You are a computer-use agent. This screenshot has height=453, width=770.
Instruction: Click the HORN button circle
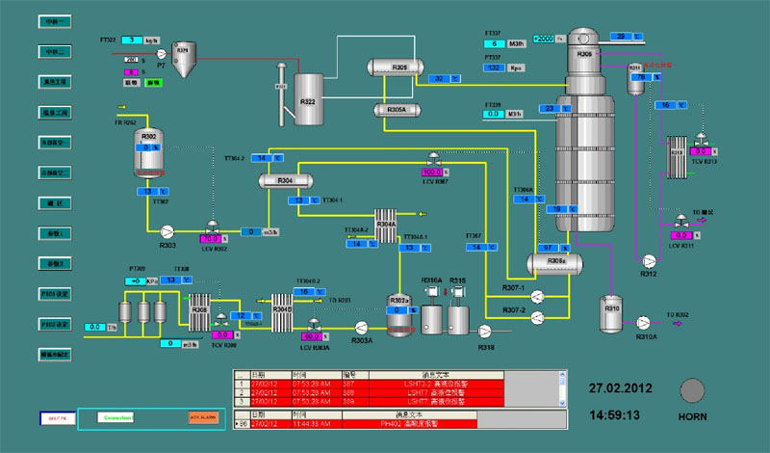tap(692, 391)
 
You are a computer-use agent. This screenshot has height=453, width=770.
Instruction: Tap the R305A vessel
tap(398, 111)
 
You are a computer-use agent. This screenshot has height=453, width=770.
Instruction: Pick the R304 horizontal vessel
tap(286, 181)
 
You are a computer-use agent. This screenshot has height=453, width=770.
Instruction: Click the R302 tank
tap(149, 155)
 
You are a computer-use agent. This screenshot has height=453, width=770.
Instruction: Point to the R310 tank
tap(612, 310)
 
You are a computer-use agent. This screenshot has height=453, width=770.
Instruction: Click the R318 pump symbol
tap(486, 331)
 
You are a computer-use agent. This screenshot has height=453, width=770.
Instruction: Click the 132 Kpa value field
tap(493, 68)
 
